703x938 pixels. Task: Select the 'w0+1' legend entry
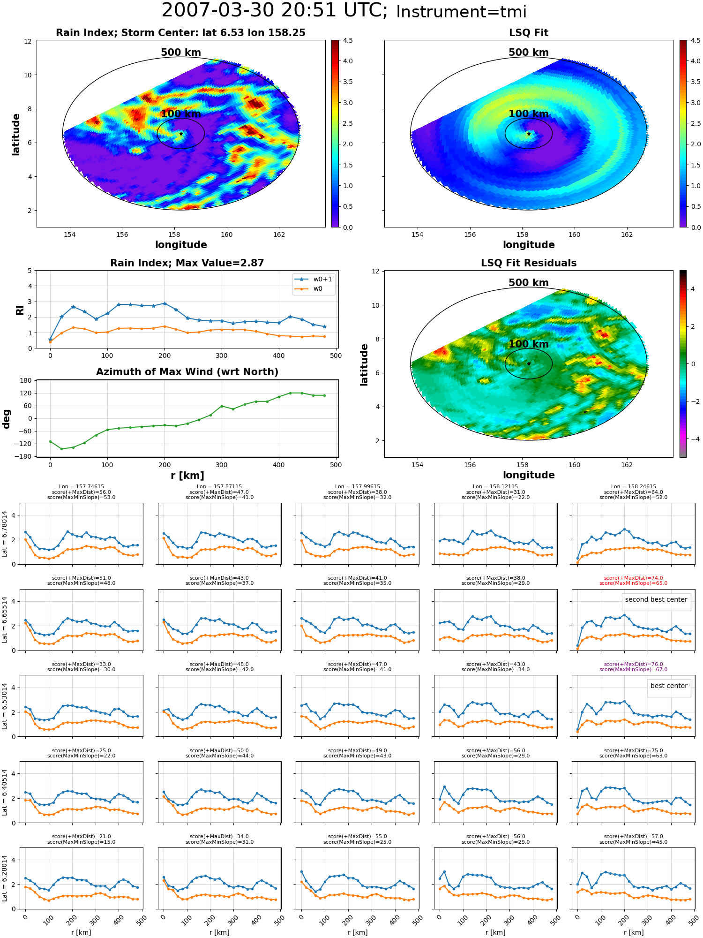(314, 279)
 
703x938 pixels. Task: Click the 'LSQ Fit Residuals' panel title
(529, 263)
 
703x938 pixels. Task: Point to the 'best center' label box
(669, 686)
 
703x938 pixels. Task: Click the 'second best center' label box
(656, 599)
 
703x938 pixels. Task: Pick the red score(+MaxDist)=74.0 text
(634, 578)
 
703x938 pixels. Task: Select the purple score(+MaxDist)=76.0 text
(634, 664)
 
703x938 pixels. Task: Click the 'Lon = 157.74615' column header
(82, 487)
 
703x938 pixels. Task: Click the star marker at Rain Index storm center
(181, 134)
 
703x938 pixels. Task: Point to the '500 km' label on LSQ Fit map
(529, 53)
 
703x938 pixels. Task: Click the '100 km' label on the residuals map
(529, 344)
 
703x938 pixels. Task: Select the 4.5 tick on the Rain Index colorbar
(348, 40)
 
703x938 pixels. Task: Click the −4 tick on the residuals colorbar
(693, 439)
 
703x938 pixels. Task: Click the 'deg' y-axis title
(7, 419)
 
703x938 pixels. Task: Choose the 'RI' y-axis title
(20, 310)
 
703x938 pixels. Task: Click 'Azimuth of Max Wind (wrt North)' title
(187, 372)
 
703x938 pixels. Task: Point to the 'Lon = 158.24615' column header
(634, 487)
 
